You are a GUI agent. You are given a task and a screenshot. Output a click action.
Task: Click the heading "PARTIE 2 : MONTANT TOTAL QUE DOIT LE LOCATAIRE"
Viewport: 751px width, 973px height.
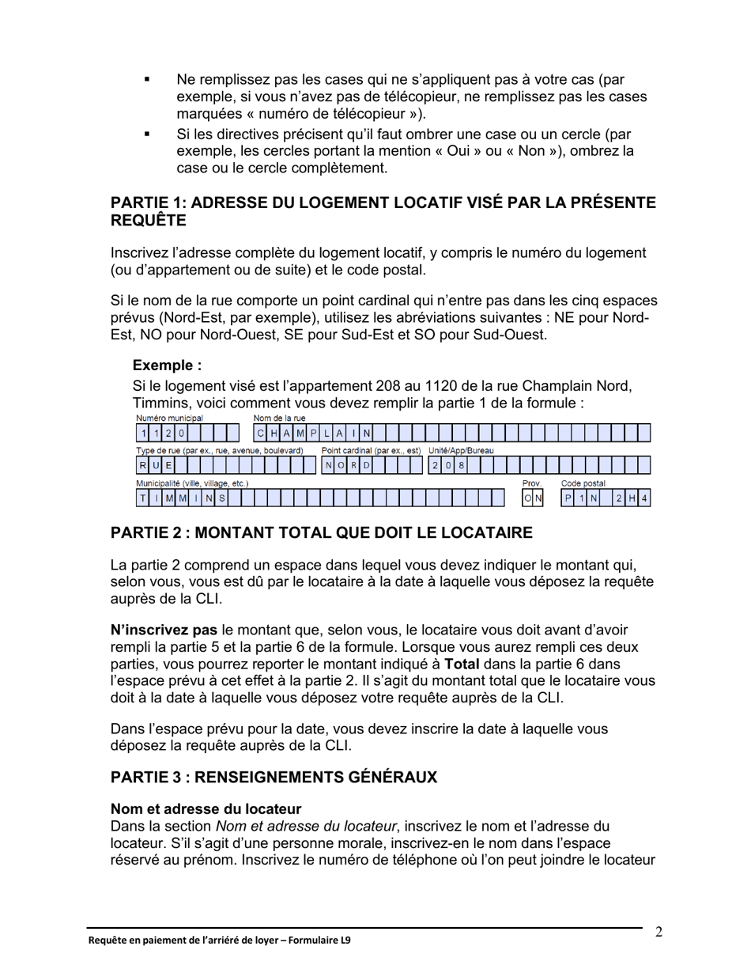pos(321,533)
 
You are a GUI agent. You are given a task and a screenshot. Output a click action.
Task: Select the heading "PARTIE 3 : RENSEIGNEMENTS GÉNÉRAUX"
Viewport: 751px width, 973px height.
pos(274,778)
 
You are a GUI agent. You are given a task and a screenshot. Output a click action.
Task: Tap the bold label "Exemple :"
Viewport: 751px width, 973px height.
pos(167,365)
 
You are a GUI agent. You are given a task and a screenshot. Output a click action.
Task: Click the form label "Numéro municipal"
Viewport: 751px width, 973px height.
pos(169,418)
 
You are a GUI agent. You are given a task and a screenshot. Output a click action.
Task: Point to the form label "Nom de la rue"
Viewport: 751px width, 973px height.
pos(279,418)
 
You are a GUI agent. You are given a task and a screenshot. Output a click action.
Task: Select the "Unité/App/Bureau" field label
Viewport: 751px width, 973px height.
pos(461,450)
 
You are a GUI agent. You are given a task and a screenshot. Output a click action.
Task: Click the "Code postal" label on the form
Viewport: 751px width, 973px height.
pos(583,483)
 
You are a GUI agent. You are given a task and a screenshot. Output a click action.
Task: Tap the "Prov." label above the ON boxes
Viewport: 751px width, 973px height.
pos(531,483)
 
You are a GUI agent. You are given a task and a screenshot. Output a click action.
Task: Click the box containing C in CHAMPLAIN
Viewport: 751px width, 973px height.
pos(260,433)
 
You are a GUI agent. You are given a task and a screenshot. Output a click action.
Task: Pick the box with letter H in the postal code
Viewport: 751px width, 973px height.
pos(632,498)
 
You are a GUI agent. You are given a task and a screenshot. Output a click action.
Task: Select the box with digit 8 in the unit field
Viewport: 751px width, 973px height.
pos(462,466)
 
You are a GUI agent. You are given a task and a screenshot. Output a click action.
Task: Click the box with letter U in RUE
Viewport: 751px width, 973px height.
pos(156,466)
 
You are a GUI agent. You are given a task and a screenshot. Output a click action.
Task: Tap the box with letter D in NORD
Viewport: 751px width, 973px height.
pos(367,466)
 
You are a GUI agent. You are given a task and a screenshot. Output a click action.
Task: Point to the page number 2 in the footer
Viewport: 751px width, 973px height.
pos(659,932)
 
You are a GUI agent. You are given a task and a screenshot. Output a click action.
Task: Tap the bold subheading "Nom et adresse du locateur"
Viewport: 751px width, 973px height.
pos(206,809)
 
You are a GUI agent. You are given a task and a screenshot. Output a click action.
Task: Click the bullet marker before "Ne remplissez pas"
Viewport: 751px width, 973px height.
pos(146,80)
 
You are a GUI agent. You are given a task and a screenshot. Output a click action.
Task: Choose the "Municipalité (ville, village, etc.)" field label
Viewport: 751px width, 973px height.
pos(192,483)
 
